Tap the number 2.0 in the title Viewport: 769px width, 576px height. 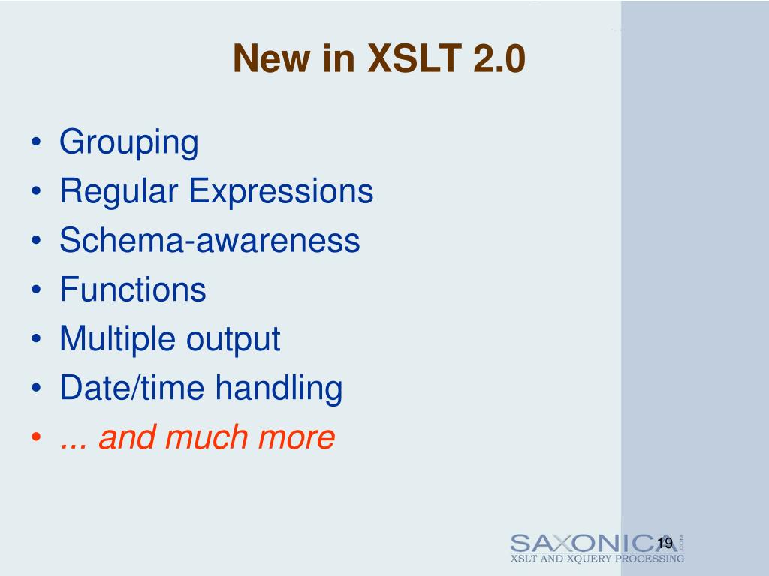click(x=499, y=58)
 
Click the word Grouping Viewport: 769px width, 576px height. click(x=129, y=142)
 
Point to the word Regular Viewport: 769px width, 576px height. click(x=120, y=191)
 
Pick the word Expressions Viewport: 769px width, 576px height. click(x=281, y=191)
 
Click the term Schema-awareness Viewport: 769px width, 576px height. click(x=210, y=240)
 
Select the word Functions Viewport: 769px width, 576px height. click(x=133, y=289)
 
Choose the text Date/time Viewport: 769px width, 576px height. click(x=133, y=388)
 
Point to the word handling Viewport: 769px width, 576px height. click(x=279, y=388)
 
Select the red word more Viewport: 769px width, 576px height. click(x=296, y=437)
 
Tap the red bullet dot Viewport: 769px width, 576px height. click(x=37, y=438)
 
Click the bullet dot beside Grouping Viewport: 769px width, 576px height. click(x=37, y=143)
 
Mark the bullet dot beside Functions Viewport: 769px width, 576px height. click(x=37, y=290)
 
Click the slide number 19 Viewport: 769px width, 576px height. click(x=664, y=544)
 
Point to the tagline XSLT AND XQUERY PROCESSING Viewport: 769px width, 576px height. click(x=597, y=559)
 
